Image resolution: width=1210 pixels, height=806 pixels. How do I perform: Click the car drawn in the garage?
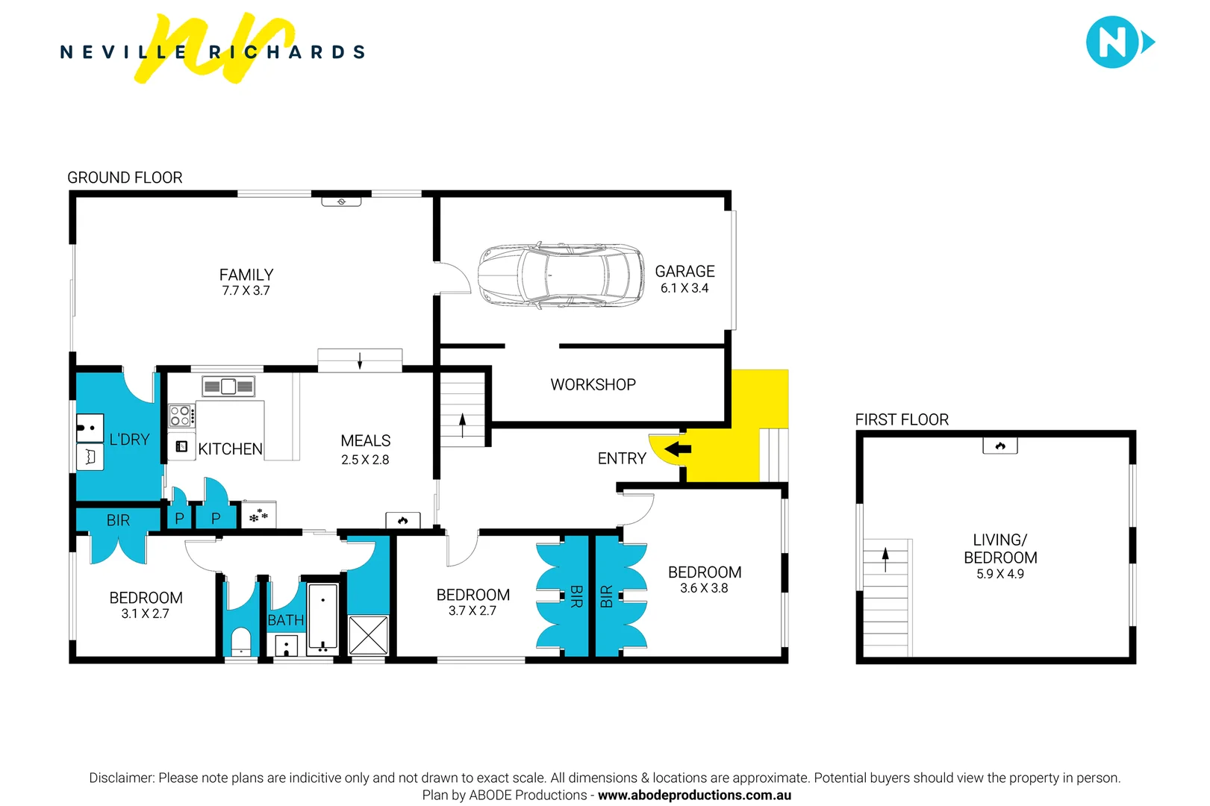point(561,275)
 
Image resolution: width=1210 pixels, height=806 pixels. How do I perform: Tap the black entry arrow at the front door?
point(678,449)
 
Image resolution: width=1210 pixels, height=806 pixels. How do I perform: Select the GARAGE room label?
point(684,272)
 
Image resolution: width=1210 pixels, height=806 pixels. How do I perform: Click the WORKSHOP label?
point(593,385)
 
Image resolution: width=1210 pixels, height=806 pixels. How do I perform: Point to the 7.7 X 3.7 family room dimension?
point(246,291)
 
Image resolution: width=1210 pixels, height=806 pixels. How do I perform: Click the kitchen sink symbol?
point(228,387)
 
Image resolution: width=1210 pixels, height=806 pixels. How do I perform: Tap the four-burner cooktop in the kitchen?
point(180,416)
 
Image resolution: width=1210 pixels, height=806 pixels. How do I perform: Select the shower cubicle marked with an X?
point(369,635)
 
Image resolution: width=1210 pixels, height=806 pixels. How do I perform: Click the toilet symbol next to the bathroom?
point(240,643)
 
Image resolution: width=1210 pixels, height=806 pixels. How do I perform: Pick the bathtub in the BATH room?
point(323,618)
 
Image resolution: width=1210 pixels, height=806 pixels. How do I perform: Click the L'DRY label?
point(129,440)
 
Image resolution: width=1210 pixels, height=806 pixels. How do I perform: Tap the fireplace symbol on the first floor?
point(1000,446)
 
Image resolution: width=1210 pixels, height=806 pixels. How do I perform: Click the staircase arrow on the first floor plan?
point(885,559)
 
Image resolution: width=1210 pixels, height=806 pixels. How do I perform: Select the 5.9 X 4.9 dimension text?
point(1000,575)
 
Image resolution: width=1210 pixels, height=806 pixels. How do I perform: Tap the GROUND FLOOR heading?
point(125,178)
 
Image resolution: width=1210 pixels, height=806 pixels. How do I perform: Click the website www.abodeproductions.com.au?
point(694,796)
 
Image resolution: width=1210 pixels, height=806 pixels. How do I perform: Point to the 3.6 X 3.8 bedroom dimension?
point(704,589)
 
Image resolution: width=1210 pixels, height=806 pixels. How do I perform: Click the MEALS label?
point(365,441)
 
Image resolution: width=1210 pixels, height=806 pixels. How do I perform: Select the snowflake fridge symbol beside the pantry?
point(259,516)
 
